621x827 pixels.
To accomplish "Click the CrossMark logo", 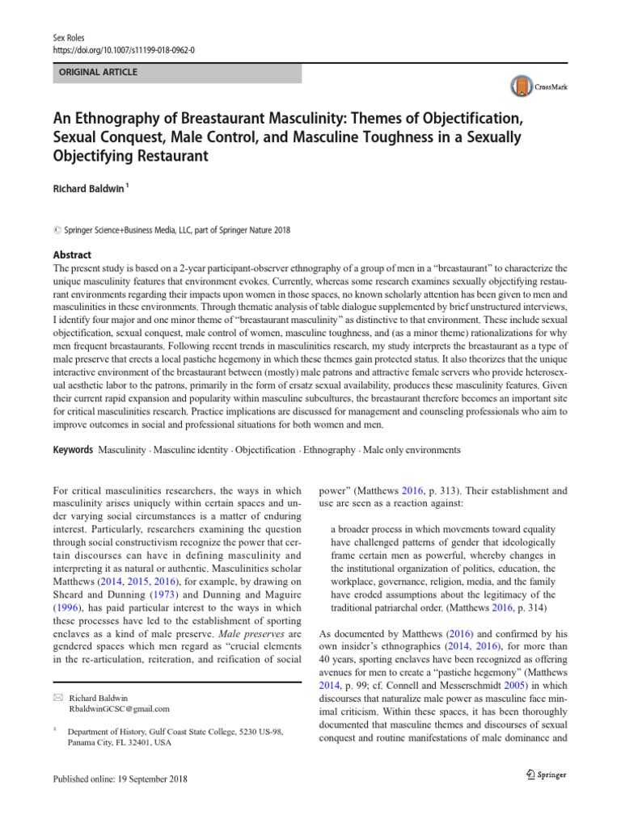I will pos(535,86).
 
